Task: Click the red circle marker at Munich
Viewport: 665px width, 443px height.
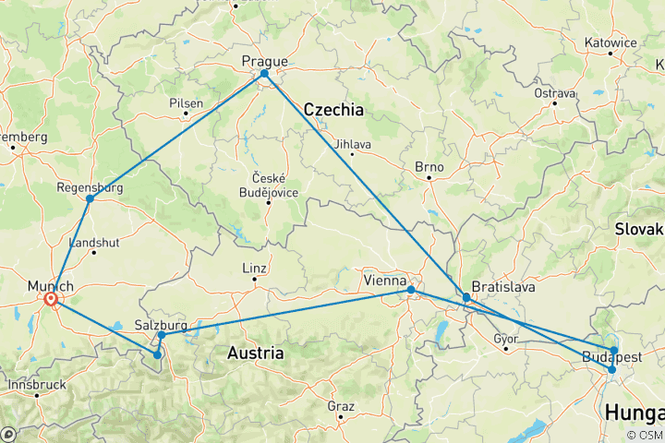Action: tap(51, 299)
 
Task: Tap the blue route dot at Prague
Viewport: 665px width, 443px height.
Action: tap(264, 74)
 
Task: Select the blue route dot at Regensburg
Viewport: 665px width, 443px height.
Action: tap(90, 198)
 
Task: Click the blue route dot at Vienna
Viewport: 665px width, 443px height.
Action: tap(411, 290)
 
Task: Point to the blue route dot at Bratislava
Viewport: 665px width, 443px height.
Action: tap(466, 298)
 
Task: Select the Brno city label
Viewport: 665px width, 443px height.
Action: tap(429, 167)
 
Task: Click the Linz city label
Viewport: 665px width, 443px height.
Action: tap(254, 269)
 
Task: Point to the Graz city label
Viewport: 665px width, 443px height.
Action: tap(341, 405)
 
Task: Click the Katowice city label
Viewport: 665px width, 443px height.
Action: tap(611, 42)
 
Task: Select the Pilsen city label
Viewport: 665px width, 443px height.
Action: tap(186, 103)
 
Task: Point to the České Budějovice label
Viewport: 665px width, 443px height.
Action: tap(269, 185)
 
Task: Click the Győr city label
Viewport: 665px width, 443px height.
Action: tap(505, 339)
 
